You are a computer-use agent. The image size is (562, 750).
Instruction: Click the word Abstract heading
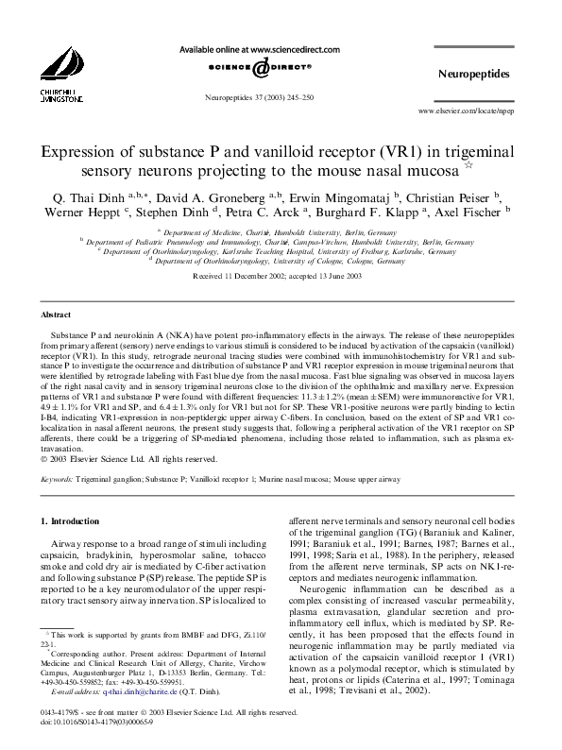[x=56, y=314]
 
